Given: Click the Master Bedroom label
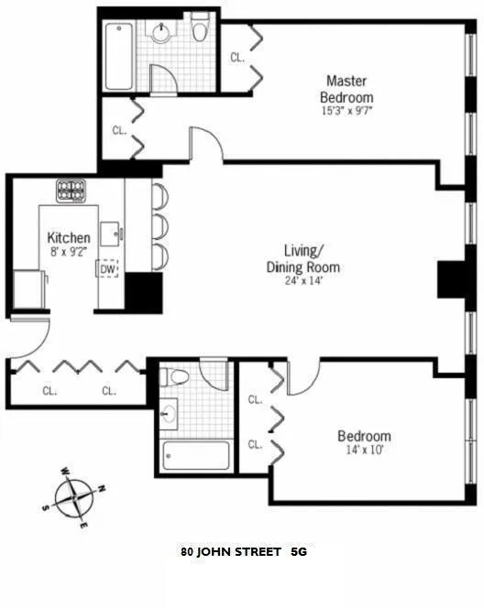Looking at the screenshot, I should click(346, 88).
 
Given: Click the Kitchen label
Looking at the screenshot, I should click(69, 239).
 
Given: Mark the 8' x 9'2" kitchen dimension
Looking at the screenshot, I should click(69, 254).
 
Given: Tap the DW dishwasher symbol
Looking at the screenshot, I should click(108, 269).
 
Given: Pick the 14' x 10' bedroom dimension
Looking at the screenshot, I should click(363, 451).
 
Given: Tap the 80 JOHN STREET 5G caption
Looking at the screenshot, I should click(243, 552).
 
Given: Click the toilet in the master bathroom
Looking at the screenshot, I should click(200, 30).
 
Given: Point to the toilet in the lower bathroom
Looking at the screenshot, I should click(178, 377).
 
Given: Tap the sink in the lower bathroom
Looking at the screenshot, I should click(169, 415).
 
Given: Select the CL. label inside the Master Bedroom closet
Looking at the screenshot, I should click(237, 57).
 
